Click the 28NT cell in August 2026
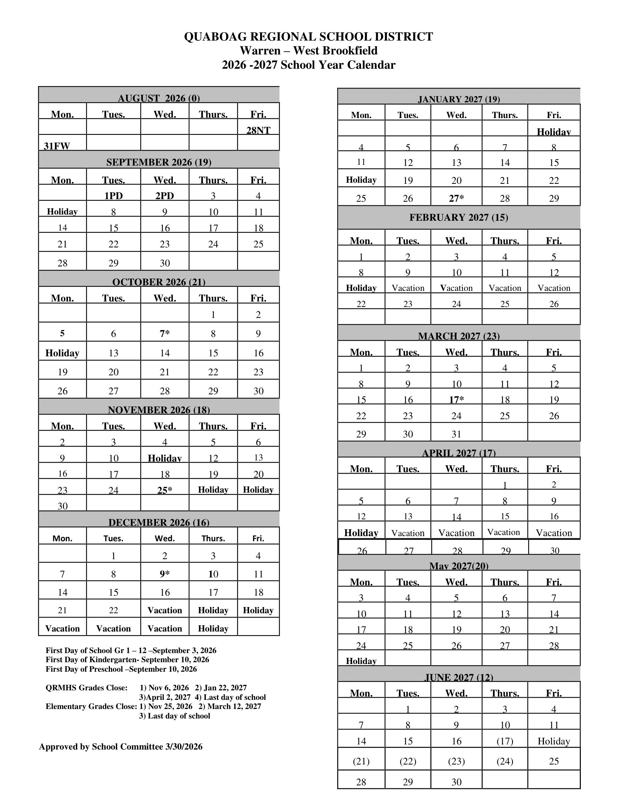coord(258,130)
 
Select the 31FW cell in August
coord(57,146)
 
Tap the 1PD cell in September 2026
coord(113,196)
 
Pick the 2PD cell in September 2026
coord(164,196)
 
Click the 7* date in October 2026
coord(164,334)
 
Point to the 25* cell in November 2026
coord(164,490)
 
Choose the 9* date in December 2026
coord(164,574)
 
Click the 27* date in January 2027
coord(456,198)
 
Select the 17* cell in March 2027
coord(456,400)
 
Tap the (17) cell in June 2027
coord(505,741)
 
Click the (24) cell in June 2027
coord(505,761)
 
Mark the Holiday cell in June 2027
coord(554,741)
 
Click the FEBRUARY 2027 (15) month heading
coord(459,217)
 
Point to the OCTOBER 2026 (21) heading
coord(159,282)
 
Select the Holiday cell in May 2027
coord(361,661)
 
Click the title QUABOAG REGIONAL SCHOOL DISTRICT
coord(308,37)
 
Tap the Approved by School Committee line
coord(121,747)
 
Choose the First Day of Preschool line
coord(121,669)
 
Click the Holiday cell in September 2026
coord(62,212)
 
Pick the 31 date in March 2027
coord(456,434)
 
